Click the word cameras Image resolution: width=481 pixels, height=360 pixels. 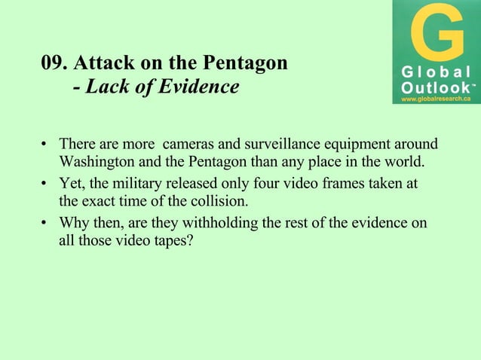189,143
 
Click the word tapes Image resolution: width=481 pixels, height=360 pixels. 173,243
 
